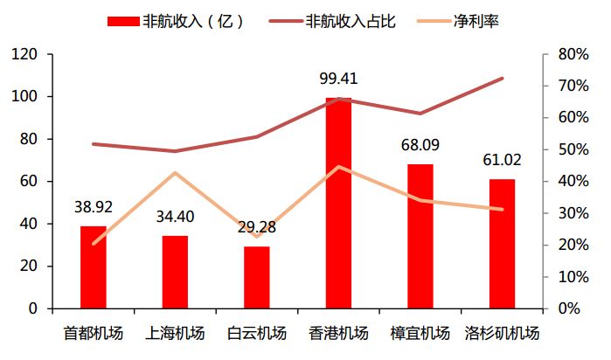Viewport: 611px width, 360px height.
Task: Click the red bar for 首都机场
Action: click(x=93, y=267)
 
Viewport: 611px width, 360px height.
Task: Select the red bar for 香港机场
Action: click(x=338, y=203)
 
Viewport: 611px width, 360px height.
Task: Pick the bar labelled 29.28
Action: click(x=256, y=277)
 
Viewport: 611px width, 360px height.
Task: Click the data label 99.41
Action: click(x=338, y=80)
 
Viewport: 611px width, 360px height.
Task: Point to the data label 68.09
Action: click(x=420, y=146)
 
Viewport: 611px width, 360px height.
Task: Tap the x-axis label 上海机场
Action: click(x=175, y=333)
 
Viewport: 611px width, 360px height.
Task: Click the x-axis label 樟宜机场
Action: click(x=420, y=333)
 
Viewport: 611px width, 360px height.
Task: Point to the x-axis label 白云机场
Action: click(x=256, y=333)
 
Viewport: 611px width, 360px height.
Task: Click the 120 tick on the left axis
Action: click(x=24, y=54)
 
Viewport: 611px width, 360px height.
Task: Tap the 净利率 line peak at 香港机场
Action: click(x=338, y=167)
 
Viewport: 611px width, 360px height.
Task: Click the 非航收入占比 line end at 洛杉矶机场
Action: click(x=502, y=79)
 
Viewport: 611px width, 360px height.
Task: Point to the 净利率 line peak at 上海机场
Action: click(x=175, y=173)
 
